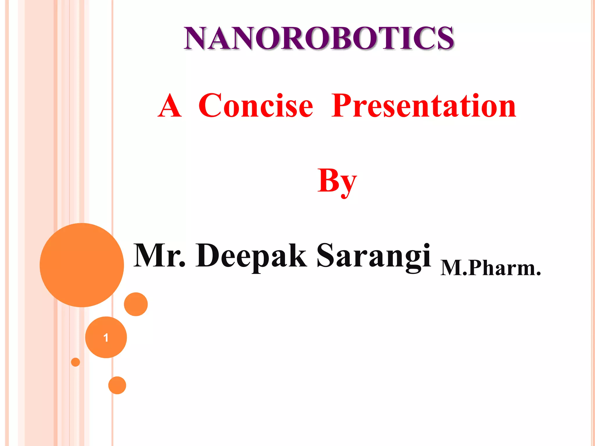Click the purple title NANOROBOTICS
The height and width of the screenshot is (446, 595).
pyautogui.click(x=319, y=38)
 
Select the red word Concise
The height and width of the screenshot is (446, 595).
pyautogui.click(x=256, y=106)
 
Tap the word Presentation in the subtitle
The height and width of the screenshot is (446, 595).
pyautogui.click(x=424, y=106)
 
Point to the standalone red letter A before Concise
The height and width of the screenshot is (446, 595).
pyautogui.click(x=170, y=106)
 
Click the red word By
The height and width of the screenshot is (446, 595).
pyautogui.click(x=337, y=181)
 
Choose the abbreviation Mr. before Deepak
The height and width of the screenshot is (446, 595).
pyautogui.click(x=159, y=256)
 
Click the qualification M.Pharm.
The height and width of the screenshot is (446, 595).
pyautogui.click(x=490, y=268)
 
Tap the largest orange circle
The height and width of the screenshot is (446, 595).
pyautogui.click(x=82, y=265)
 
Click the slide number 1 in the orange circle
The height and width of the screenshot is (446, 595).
pyautogui.click(x=106, y=337)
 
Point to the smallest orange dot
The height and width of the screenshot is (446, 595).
pyautogui.click(x=76, y=362)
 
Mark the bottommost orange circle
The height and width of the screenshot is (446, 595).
pyautogui.click(x=117, y=385)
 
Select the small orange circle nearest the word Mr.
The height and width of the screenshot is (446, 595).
pyautogui.click(x=136, y=304)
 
